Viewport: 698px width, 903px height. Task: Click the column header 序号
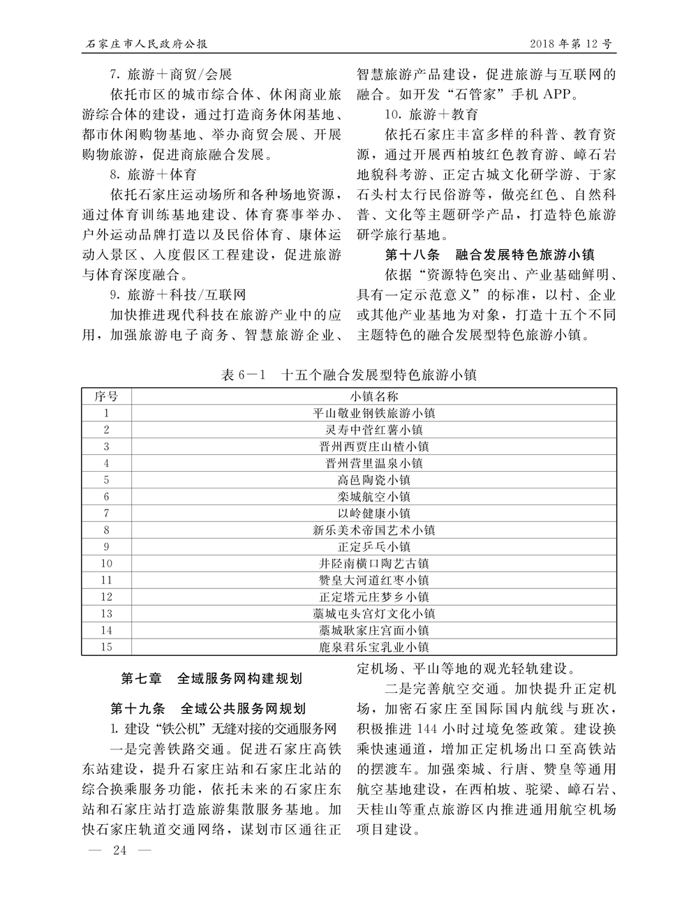[x=106, y=396]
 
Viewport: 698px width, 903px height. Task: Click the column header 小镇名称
[x=373, y=396]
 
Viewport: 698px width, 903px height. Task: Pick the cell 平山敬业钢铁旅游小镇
[x=373, y=413]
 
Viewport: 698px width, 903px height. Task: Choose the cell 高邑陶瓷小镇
[x=373, y=480]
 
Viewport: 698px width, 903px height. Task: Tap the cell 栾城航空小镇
[x=373, y=497]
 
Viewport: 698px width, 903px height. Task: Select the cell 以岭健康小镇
[x=373, y=514]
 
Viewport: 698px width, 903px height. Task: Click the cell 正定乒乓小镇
[x=373, y=547]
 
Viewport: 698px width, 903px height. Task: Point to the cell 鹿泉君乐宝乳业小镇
[x=373, y=648]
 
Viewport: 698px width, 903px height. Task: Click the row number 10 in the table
[x=106, y=564]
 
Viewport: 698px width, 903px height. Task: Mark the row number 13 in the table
[x=106, y=614]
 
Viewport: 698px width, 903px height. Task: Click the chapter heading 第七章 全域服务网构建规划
[x=211, y=678]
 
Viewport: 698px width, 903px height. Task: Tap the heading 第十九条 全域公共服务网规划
[x=207, y=709]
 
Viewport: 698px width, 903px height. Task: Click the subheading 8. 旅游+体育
[x=153, y=174]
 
